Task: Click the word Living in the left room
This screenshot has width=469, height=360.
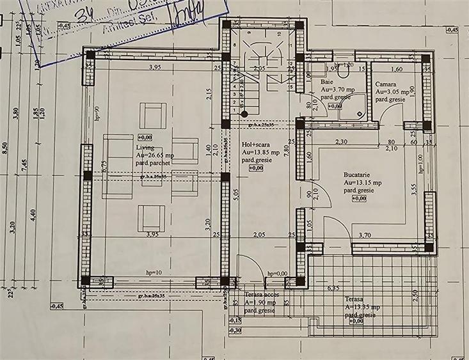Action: click(144, 147)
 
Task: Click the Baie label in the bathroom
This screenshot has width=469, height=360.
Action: click(326, 82)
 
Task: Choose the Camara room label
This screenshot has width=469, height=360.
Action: click(386, 84)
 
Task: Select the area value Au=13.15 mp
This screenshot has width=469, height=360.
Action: click(362, 183)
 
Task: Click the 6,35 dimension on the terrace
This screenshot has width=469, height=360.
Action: click(333, 288)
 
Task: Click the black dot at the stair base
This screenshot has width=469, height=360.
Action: click(245, 114)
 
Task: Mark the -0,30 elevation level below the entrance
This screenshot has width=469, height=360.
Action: click(235, 330)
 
